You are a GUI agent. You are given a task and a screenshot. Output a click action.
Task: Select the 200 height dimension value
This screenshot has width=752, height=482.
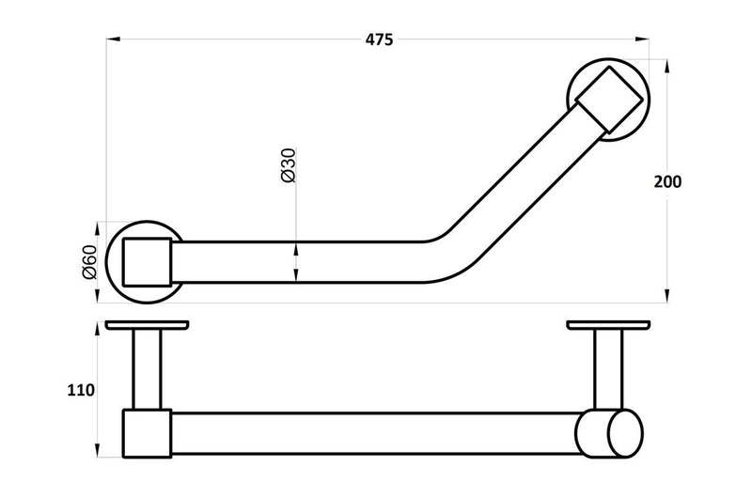pyautogui.click(x=668, y=182)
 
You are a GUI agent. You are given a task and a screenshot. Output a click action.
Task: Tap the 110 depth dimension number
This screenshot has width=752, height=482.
pyautogui.click(x=82, y=390)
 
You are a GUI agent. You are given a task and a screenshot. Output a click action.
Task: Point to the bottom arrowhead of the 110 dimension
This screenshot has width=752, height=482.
pyautogui.click(x=97, y=450)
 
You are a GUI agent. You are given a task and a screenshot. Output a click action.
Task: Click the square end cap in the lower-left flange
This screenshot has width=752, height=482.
pyautogui.click(x=148, y=262)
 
